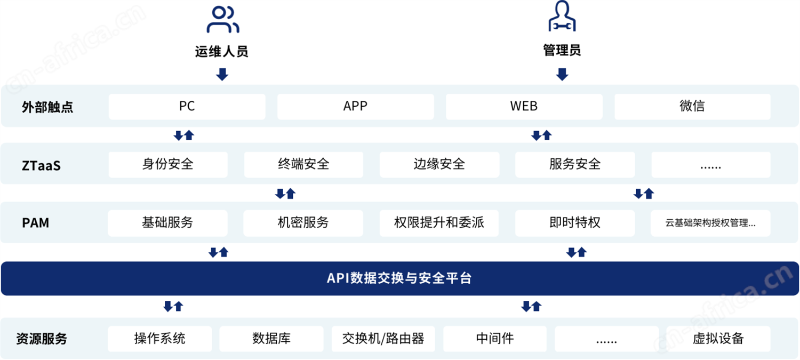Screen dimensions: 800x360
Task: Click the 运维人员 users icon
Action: click(x=223, y=20)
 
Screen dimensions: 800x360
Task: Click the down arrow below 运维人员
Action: click(x=222, y=74)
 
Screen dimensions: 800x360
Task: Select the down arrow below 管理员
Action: click(x=562, y=74)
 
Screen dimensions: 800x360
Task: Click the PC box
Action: click(x=187, y=107)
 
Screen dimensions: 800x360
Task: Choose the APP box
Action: click(x=355, y=107)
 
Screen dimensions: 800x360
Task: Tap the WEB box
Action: click(x=524, y=107)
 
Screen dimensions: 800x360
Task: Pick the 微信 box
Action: click(x=692, y=107)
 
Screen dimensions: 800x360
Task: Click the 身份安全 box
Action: click(x=168, y=165)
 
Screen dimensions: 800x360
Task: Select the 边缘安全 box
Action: click(x=439, y=165)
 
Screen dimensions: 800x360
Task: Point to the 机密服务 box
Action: click(x=303, y=223)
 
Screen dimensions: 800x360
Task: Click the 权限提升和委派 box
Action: click(x=439, y=223)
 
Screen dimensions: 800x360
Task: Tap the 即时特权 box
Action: click(x=575, y=223)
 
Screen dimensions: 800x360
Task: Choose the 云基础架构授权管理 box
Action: click(x=710, y=223)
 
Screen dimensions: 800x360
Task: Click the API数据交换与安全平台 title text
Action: click(x=399, y=278)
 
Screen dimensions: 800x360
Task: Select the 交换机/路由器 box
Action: click(x=383, y=339)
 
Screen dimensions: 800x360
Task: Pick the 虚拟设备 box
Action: click(x=718, y=339)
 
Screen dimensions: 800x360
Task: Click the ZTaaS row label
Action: click(x=41, y=166)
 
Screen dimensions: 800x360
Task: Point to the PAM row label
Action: click(x=35, y=223)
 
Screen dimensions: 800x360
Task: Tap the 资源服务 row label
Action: click(x=42, y=339)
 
